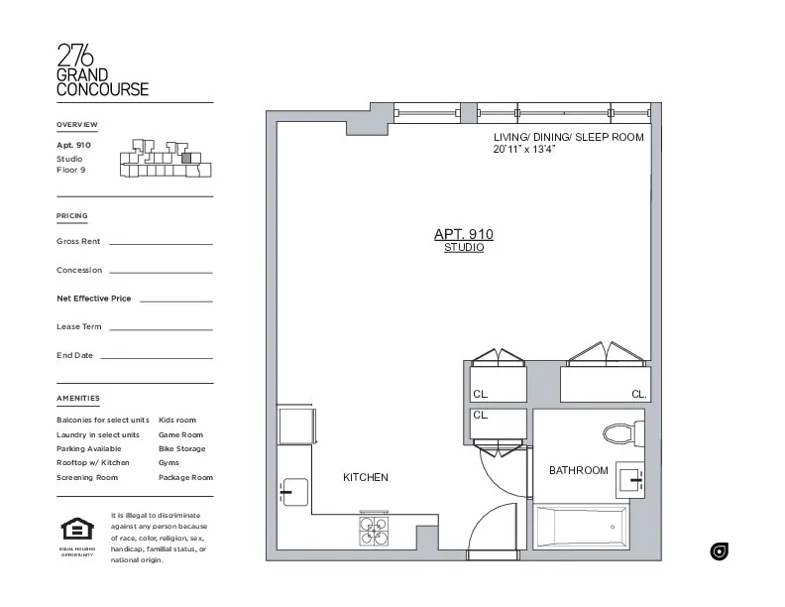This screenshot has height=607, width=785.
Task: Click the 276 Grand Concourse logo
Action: (x=103, y=70)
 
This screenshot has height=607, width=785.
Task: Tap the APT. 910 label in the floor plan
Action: (x=463, y=235)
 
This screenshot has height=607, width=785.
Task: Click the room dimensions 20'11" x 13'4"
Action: (x=524, y=150)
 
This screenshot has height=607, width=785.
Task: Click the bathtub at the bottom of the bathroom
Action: (x=582, y=526)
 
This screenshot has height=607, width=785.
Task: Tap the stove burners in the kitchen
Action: (x=374, y=531)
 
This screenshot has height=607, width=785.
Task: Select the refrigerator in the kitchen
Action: (x=295, y=425)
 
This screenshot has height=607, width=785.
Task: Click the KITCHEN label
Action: (x=366, y=478)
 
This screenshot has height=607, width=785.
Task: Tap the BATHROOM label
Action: (x=579, y=470)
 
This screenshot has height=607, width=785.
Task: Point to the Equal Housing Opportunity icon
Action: (x=76, y=530)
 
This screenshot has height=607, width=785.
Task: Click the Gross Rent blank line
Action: (x=160, y=243)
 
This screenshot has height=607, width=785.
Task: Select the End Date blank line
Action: (x=156, y=357)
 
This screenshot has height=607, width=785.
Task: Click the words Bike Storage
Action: (x=182, y=449)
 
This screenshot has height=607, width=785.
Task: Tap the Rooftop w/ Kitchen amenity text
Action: (x=93, y=463)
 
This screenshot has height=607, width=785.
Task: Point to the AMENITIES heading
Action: (x=78, y=399)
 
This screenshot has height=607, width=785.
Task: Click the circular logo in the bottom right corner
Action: (x=720, y=551)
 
